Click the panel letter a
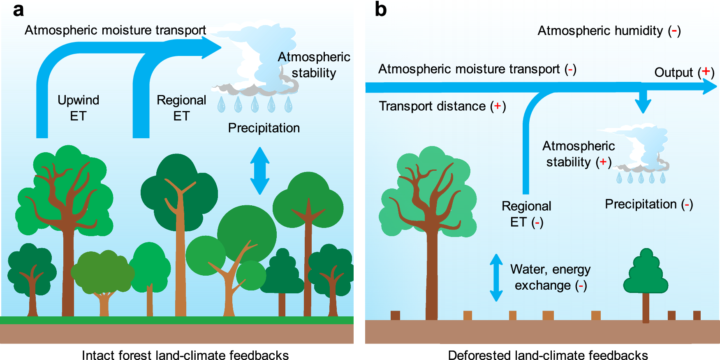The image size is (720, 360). click(x=18, y=10)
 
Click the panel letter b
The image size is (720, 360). click(x=380, y=9)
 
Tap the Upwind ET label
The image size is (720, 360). click(x=78, y=108)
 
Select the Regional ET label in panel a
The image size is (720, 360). click(x=181, y=108)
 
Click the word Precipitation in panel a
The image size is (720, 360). click(x=264, y=128)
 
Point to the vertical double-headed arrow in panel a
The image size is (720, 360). click(x=260, y=170)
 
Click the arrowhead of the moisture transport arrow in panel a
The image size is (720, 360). click(x=211, y=48)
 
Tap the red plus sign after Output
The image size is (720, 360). click(x=706, y=72)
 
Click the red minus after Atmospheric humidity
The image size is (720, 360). click(x=674, y=30)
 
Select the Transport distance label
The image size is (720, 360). click(x=442, y=106)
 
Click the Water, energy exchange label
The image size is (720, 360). click(x=550, y=277)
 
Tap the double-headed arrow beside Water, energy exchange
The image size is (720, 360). click(x=496, y=277)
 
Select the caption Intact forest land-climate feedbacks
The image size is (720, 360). click(x=185, y=355)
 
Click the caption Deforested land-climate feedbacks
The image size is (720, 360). click(x=548, y=355)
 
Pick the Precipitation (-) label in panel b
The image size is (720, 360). click(x=648, y=204)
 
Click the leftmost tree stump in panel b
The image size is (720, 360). click(x=395, y=315)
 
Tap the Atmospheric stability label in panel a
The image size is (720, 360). click(x=314, y=65)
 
